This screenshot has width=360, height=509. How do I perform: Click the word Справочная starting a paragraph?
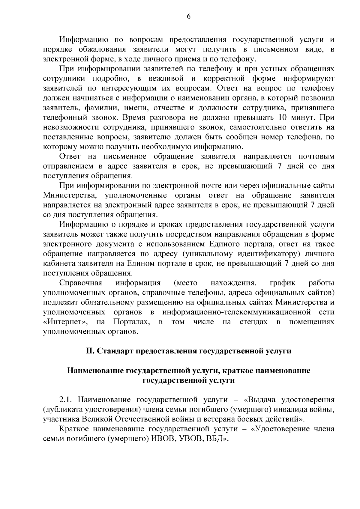(x=81, y=283)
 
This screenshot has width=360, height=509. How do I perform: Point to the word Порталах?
(x=131, y=322)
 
